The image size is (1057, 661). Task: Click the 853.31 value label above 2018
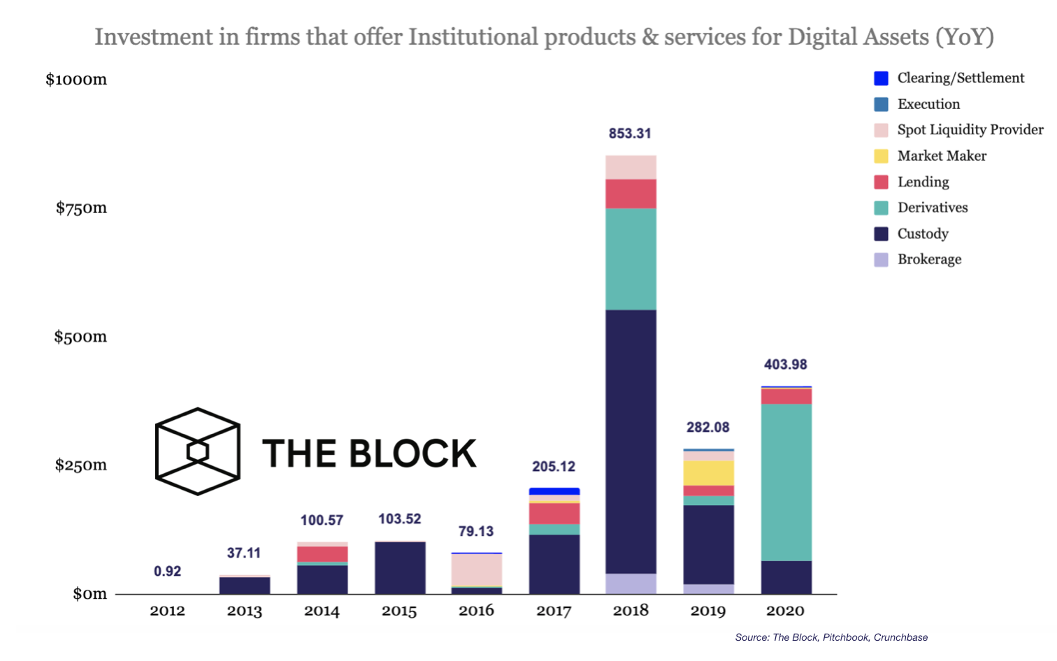[x=630, y=133]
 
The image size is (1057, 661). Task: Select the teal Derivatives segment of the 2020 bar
[x=786, y=482]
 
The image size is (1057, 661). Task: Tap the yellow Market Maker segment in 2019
[x=708, y=473]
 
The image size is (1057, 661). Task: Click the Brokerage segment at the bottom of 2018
[x=631, y=583]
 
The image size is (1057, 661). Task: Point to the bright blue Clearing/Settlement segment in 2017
[x=554, y=491]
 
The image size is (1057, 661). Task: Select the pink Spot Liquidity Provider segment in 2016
[x=477, y=569]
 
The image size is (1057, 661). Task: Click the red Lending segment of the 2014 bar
[x=322, y=554]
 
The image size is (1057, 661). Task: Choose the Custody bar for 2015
[x=400, y=568]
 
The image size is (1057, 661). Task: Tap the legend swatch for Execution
[x=882, y=104]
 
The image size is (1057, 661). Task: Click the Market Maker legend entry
[x=942, y=156]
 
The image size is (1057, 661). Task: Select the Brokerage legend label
[x=929, y=259]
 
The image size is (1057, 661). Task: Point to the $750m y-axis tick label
[x=81, y=208]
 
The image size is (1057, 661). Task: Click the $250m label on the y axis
[x=81, y=465]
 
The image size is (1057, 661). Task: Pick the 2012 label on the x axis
[x=168, y=611]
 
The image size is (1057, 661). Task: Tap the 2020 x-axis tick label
[x=786, y=611]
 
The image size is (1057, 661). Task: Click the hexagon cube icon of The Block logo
[x=198, y=451]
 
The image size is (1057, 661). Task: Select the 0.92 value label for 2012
[x=168, y=572]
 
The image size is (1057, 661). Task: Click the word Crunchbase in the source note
[x=900, y=637]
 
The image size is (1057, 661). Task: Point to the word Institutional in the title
[x=473, y=36]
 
